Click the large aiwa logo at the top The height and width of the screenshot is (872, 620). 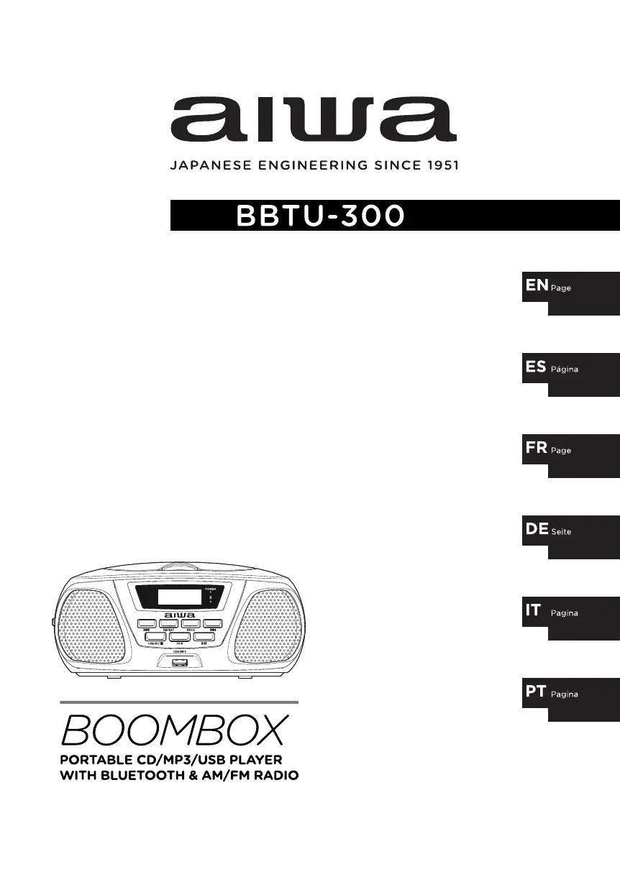(313, 119)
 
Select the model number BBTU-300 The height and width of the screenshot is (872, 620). (319, 216)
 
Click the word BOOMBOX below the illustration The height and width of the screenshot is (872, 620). (175, 730)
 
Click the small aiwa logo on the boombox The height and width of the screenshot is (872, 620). (178, 615)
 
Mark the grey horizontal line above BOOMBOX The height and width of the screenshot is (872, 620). (178, 702)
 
